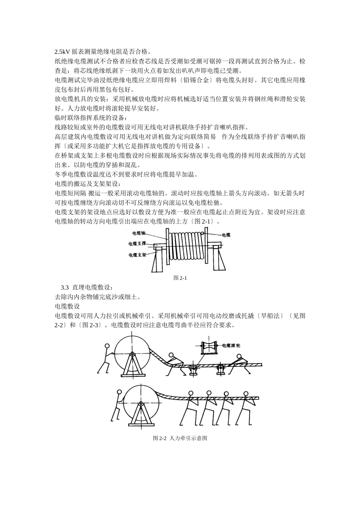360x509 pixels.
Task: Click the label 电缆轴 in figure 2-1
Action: [x=138, y=234]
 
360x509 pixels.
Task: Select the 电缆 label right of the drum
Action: [x=226, y=235]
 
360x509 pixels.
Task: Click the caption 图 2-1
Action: [x=180, y=278]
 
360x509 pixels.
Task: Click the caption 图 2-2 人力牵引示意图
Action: [x=180, y=438]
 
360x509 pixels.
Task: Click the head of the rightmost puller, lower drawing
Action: [x=244, y=394]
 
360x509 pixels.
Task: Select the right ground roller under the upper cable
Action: [x=219, y=368]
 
